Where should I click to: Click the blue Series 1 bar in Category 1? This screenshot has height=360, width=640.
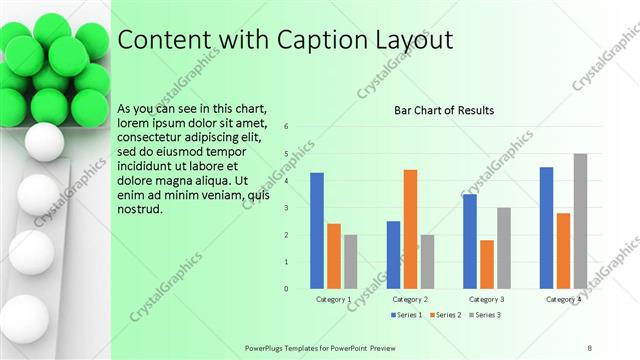(x=317, y=231)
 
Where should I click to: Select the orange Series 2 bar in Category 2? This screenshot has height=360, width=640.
(x=410, y=229)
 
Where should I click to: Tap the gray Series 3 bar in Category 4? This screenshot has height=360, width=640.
(x=580, y=221)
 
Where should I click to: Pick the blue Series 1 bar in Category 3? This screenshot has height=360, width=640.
(x=470, y=241)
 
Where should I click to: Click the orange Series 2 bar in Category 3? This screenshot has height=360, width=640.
(x=487, y=264)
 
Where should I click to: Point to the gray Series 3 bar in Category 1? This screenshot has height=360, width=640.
(x=351, y=261)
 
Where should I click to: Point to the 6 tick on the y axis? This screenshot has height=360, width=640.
(x=286, y=127)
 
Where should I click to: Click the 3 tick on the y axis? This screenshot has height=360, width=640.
(x=286, y=208)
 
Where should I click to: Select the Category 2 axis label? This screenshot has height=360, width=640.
(x=410, y=299)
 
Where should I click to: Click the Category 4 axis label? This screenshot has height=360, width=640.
(x=563, y=299)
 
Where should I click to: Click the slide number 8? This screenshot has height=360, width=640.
(x=590, y=347)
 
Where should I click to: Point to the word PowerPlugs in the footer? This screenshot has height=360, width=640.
(x=268, y=347)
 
